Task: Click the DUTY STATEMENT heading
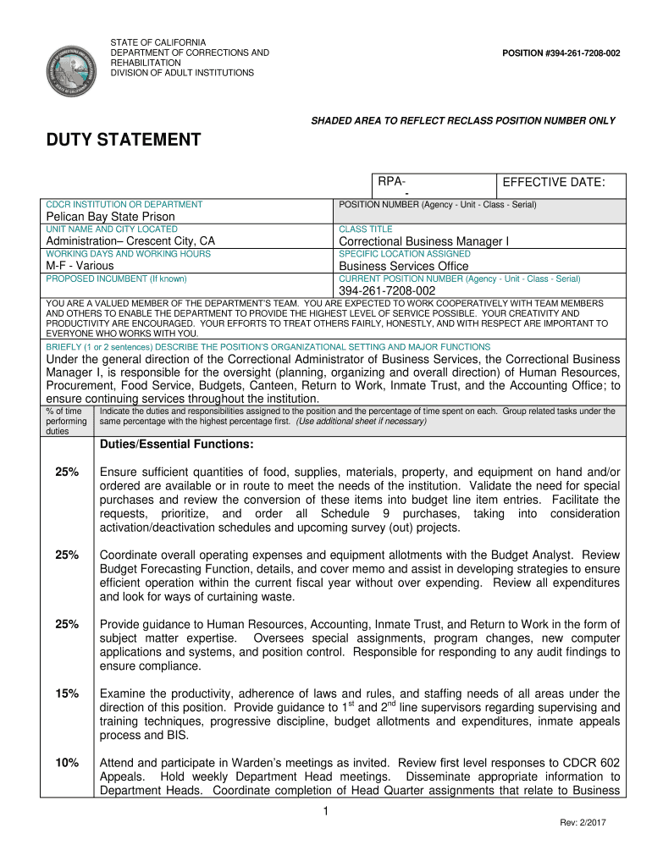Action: (123, 140)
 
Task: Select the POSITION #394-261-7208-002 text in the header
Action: (561, 53)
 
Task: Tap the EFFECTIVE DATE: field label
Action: (553, 183)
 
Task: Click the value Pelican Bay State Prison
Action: (110, 217)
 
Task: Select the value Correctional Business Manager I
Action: (423, 241)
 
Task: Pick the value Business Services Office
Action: (403, 266)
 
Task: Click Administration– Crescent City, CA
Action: (130, 241)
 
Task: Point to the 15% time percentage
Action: (67, 693)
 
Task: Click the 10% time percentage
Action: (67, 763)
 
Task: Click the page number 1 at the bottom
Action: (326, 813)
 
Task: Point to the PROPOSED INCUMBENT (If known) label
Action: (116, 279)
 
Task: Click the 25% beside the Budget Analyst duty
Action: (67, 555)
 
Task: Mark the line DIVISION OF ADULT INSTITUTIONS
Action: (182, 73)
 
